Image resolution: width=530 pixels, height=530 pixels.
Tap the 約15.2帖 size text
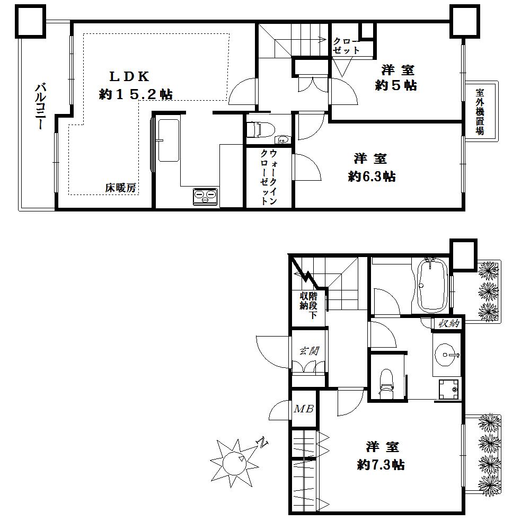point(136,94)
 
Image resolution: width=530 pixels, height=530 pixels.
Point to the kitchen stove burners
point(206,197)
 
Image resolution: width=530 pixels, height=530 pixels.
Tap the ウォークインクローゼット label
point(269,177)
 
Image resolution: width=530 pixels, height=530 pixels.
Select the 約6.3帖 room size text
point(372,176)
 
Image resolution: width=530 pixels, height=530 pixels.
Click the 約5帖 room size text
point(395,85)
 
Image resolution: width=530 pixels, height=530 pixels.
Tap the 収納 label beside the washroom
point(448,323)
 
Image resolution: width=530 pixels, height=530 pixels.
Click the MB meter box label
point(304,409)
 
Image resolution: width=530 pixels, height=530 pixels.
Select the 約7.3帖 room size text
point(381,465)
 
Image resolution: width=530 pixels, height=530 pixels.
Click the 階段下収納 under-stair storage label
point(308,305)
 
